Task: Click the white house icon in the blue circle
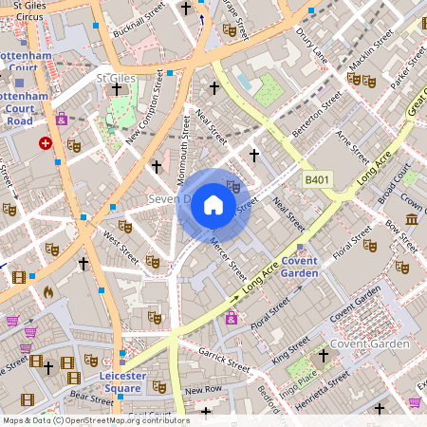(x=213, y=205)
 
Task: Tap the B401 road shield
(x=318, y=178)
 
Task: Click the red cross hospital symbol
(x=46, y=142)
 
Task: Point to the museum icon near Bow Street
(x=411, y=220)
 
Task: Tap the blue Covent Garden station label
(x=300, y=267)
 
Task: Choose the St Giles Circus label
(x=23, y=11)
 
